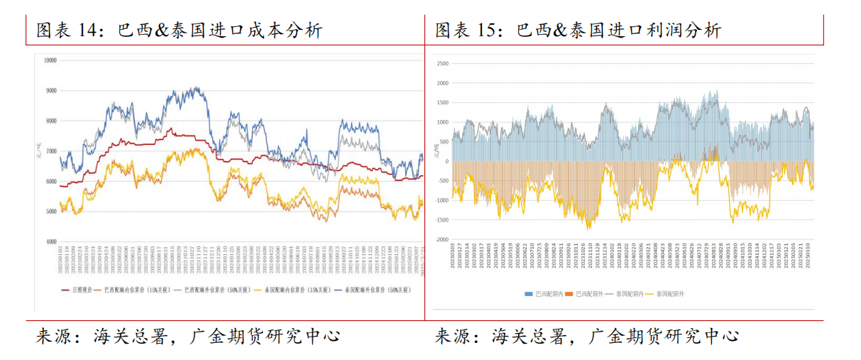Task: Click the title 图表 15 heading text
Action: tap(578, 30)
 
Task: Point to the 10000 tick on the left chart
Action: tap(50, 60)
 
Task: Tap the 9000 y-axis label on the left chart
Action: tap(50, 91)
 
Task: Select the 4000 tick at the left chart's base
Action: tap(50, 242)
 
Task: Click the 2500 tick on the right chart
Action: tap(442, 63)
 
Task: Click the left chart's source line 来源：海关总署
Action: tap(187, 336)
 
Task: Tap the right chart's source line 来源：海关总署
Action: tap(586, 336)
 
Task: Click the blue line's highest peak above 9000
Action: tap(195, 88)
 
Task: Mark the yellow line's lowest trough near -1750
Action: tap(588, 228)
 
